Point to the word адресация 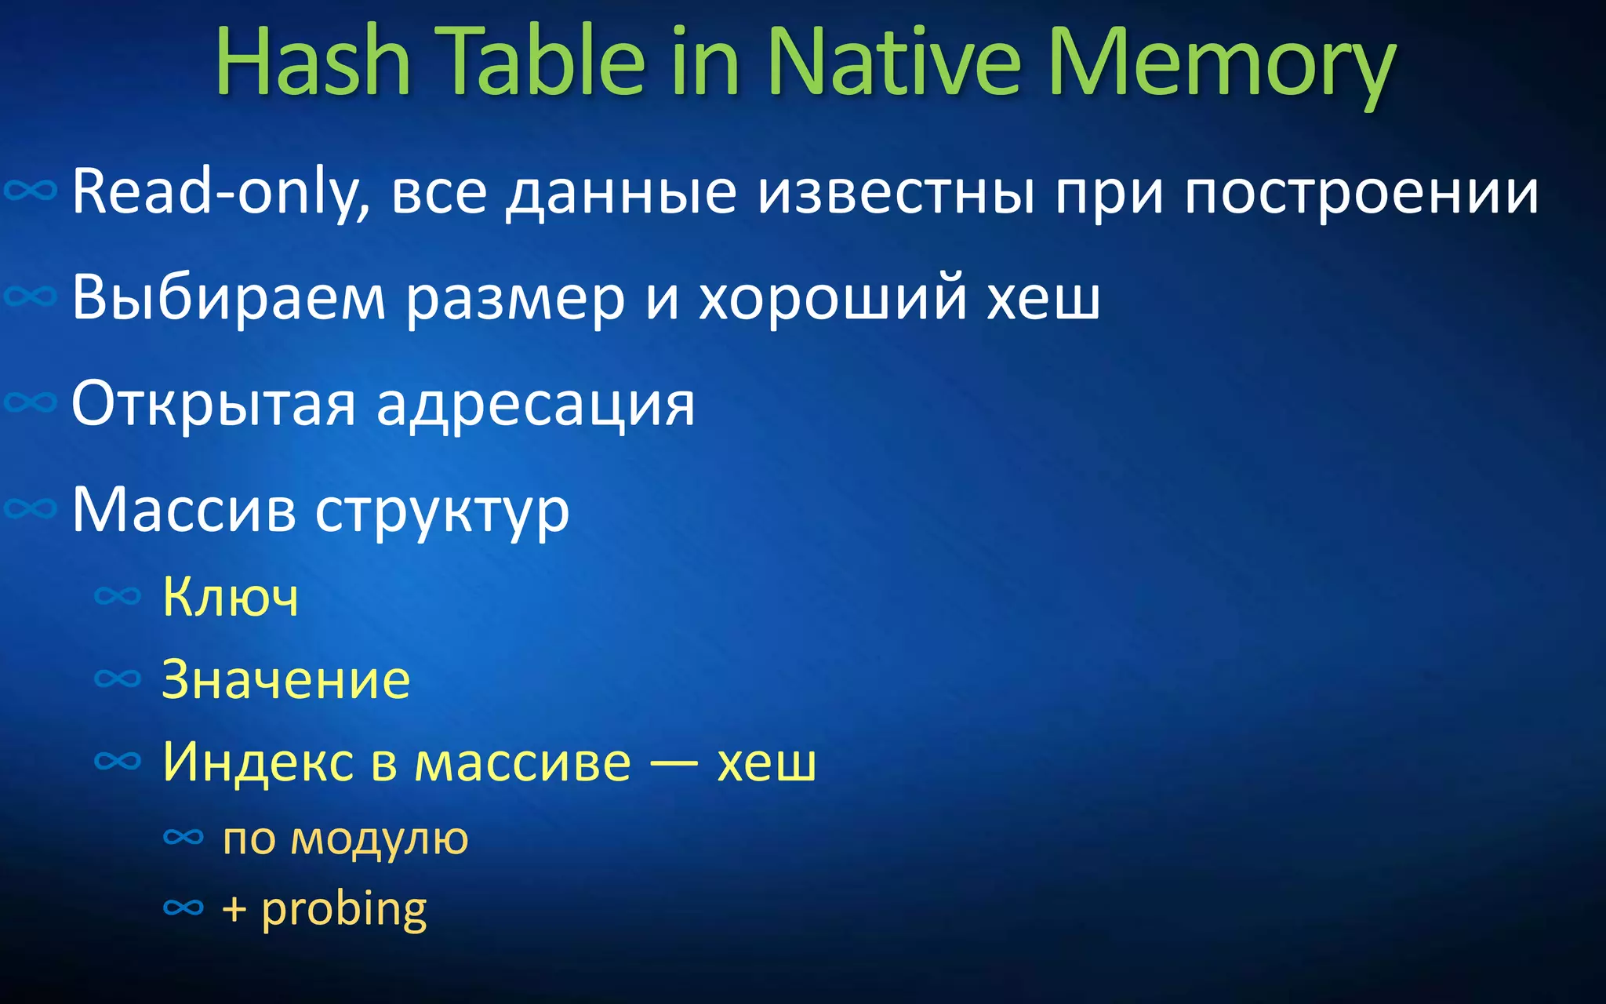click(x=536, y=406)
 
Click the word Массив click(x=184, y=510)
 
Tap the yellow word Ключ click(x=231, y=598)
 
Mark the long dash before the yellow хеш click(x=674, y=763)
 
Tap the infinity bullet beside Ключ click(x=118, y=597)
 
